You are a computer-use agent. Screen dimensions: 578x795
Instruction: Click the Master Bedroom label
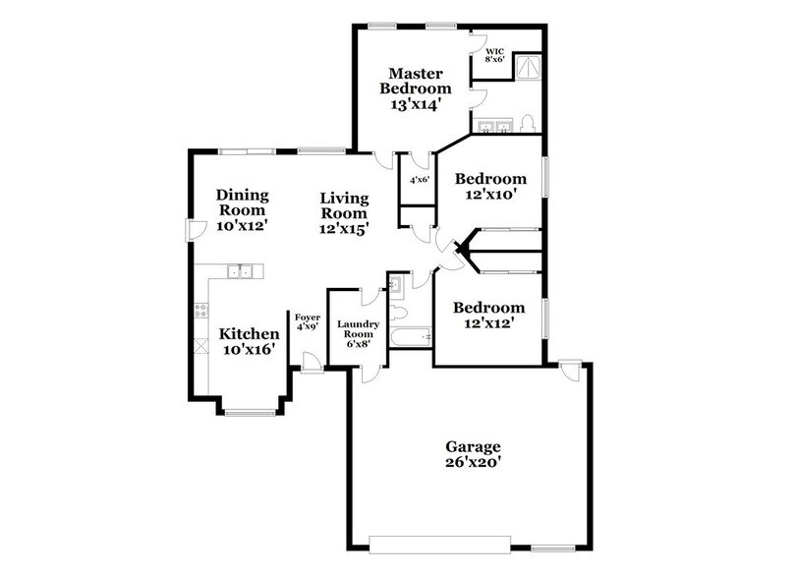pyautogui.click(x=418, y=87)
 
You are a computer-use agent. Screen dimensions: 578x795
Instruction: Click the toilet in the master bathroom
pyautogui.click(x=528, y=123)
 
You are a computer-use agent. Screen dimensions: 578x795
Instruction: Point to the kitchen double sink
pyautogui.click(x=240, y=270)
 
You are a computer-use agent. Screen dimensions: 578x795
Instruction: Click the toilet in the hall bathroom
pyautogui.click(x=403, y=314)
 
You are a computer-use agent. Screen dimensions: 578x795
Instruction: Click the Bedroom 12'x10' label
pyautogui.click(x=491, y=187)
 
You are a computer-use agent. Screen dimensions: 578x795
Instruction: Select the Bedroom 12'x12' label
pyautogui.click(x=483, y=314)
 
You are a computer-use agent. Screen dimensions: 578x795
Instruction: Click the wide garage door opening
pyautogui.click(x=439, y=541)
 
